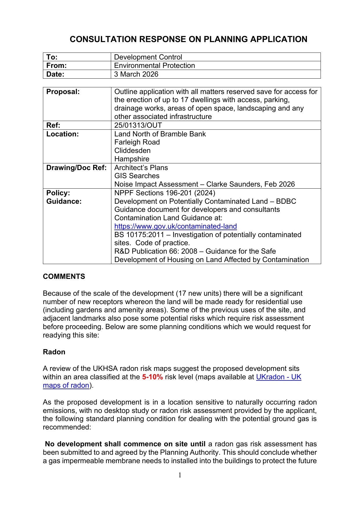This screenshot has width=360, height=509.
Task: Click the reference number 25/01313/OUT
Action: pyautogui.click(x=138, y=125)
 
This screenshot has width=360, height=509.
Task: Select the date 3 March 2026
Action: pyautogui.click(x=136, y=74)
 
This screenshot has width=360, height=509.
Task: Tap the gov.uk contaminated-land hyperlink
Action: pyautogui.click(x=176, y=226)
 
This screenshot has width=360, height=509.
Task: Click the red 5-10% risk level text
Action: pyautogui.click(x=152, y=377)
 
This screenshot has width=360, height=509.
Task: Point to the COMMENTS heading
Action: pyautogui.click(x=64, y=277)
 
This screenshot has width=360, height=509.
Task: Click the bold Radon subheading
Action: pyautogui.click(x=54, y=352)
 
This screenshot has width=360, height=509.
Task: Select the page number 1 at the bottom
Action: pyautogui.click(x=180, y=475)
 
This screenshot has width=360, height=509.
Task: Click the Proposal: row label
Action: pyautogui.click(x=63, y=92)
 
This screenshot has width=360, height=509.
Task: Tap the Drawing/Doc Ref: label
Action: pyautogui.click(x=76, y=168)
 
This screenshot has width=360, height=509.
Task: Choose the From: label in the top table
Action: pyautogui.click(x=57, y=66)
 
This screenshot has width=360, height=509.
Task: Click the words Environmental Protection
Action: pyautogui.click(x=154, y=66)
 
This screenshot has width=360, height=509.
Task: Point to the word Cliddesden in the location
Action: pyautogui.click(x=132, y=151)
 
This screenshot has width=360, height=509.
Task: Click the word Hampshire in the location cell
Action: pyautogui.click(x=132, y=159)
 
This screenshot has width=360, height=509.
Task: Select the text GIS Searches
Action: pyautogui.click(x=137, y=176)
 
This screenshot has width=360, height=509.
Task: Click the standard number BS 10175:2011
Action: pyautogui.click(x=139, y=235)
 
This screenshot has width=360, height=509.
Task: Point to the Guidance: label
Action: pyautogui.click(x=64, y=201)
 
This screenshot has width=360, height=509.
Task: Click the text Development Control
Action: pyautogui.click(x=148, y=57)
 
